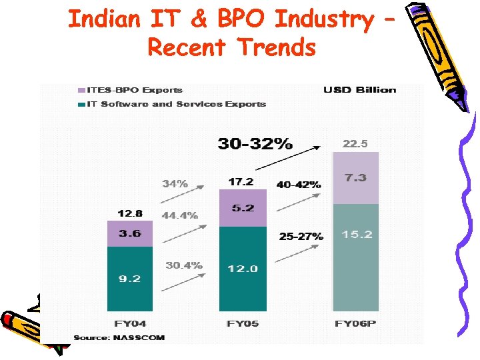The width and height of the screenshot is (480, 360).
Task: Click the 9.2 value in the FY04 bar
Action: point(129,279)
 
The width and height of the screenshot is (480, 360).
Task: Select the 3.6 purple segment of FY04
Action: point(129,234)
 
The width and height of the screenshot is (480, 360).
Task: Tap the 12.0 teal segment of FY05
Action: point(243,268)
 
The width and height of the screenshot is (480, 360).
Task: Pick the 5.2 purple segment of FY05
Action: point(243,208)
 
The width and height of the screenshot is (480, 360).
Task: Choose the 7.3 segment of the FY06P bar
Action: point(355,179)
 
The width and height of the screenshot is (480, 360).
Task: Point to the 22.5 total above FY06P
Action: point(355,143)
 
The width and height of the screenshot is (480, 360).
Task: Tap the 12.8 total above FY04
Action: point(129,213)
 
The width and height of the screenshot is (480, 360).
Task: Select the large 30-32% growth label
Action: point(255,143)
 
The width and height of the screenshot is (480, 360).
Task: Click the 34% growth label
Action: point(175,183)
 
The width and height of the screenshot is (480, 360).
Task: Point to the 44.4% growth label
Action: point(179,215)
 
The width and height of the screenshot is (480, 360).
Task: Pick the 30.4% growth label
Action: point(183,265)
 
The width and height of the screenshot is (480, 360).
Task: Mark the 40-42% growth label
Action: point(298,184)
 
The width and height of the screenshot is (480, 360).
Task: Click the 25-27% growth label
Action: point(301,236)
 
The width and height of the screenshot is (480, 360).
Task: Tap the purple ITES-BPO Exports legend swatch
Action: point(81,90)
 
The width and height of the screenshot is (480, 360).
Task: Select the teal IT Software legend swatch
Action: point(81,104)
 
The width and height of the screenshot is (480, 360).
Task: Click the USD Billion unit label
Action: point(359,90)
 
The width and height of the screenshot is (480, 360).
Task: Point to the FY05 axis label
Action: point(243,324)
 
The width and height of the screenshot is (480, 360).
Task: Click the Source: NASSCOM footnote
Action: point(119,338)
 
